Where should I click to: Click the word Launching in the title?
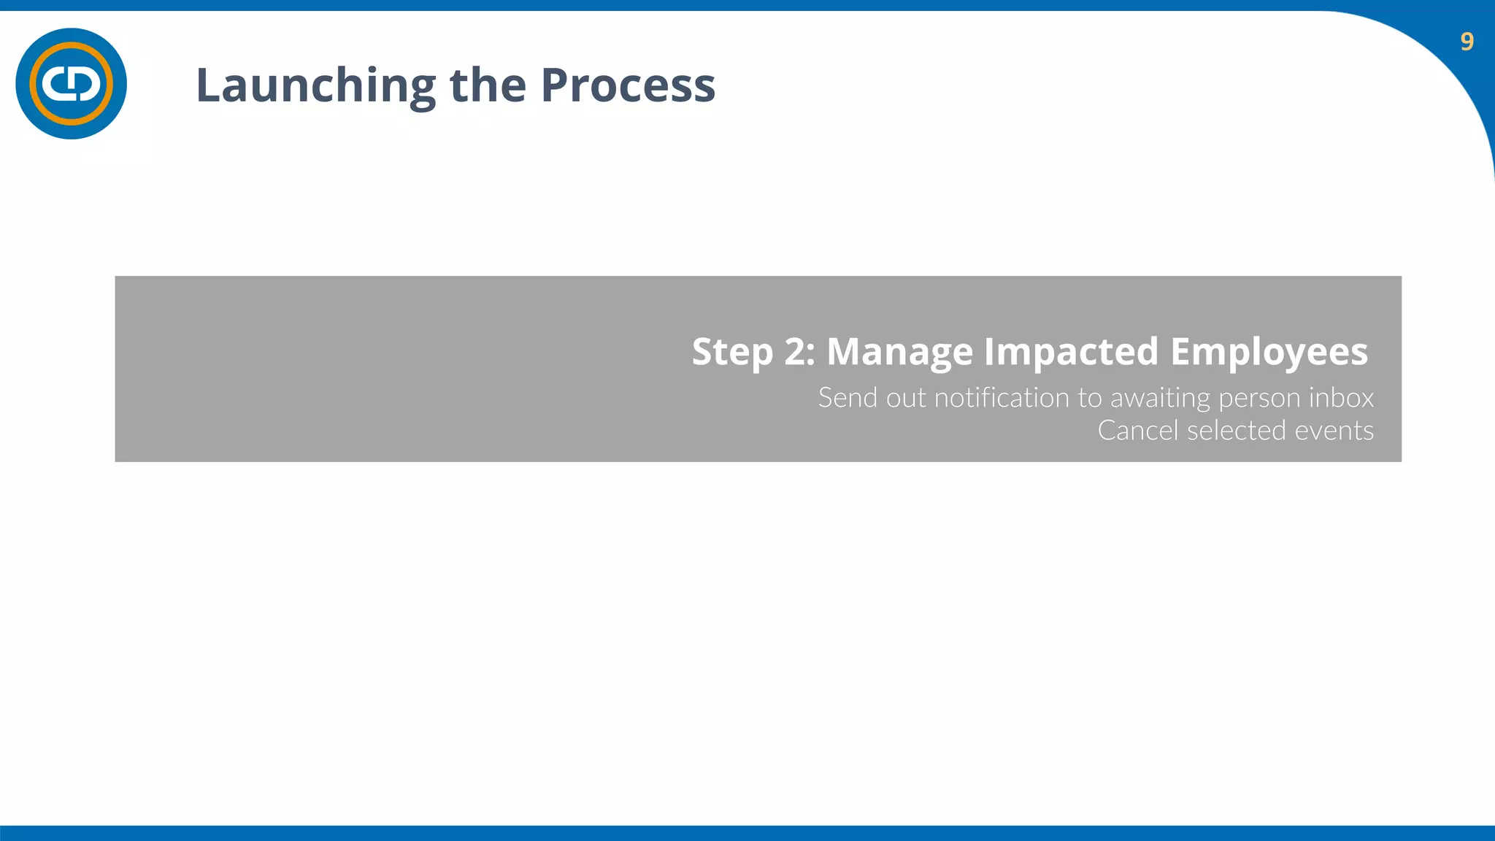pos(315,86)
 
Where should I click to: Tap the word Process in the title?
pos(628,85)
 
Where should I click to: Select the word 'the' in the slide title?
pos(487,85)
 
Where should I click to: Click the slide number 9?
pos(1467,42)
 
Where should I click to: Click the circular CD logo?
pos(71,84)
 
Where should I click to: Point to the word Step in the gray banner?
pos(731,352)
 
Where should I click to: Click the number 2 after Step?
pos(798,352)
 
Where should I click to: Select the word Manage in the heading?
pos(899,352)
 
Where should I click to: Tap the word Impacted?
pos(1071,352)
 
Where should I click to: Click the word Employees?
pos(1269,352)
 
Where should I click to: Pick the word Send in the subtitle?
pos(847,398)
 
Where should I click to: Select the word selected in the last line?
pos(1236,431)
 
